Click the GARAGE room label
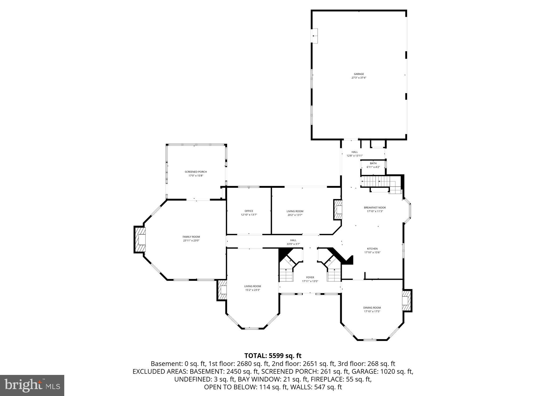click(359, 74)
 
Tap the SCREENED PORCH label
click(196, 172)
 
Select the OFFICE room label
click(249, 211)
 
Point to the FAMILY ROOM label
click(191, 237)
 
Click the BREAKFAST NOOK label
click(375, 208)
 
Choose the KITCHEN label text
click(372, 249)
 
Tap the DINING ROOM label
click(372, 308)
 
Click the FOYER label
click(310, 278)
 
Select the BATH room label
click(373, 163)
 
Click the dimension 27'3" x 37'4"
click(359, 78)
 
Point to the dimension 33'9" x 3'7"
click(293, 244)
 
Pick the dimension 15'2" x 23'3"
click(252, 290)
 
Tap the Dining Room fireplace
click(406, 301)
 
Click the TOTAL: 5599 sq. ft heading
click(273, 356)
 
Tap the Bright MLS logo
click(32, 385)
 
